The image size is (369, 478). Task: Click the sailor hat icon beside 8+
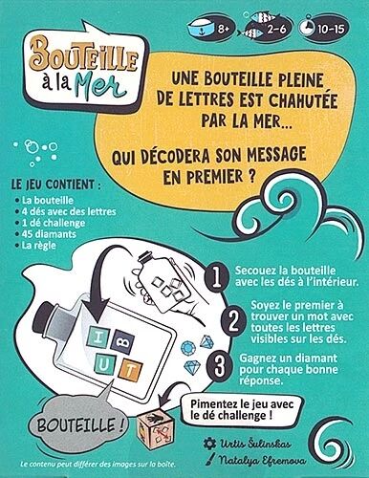(199, 30)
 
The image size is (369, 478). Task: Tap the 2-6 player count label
(276, 30)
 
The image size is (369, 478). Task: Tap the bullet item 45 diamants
(49, 234)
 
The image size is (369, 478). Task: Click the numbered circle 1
(218, 277)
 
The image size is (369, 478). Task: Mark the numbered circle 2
(234, 322)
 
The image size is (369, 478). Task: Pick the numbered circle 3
(218, 367)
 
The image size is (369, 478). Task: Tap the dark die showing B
(124, 342)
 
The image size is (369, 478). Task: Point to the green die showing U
(104, 365)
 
